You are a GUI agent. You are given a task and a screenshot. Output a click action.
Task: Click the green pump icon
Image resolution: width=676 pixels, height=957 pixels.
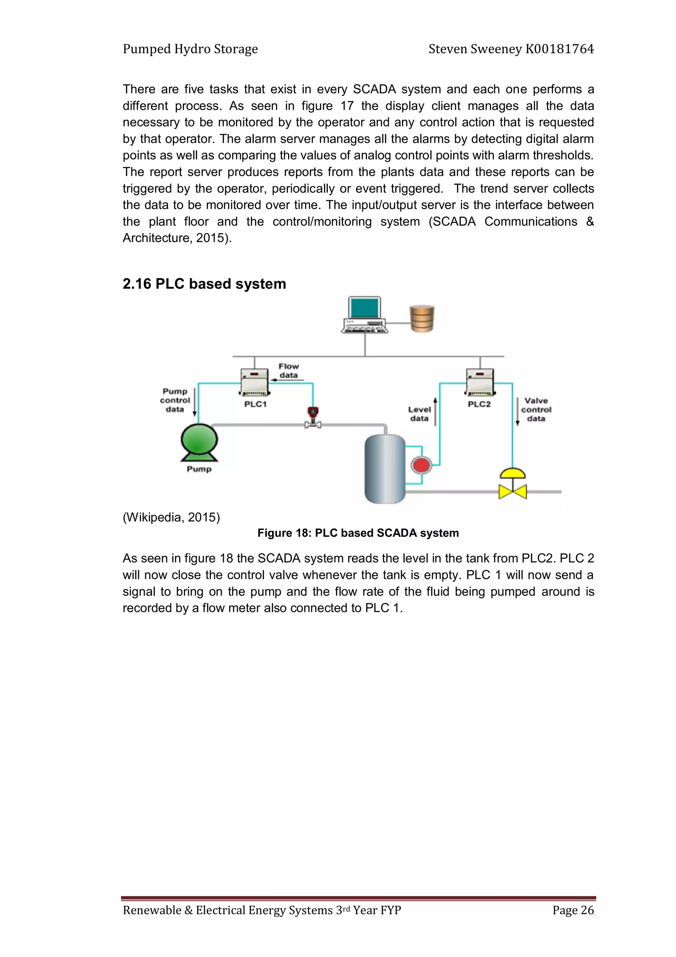pos(199,441)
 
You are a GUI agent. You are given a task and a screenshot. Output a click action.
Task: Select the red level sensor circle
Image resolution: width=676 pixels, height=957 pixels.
pos(421,465)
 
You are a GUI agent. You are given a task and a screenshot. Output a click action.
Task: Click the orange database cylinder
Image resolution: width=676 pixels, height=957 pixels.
pos(422,319)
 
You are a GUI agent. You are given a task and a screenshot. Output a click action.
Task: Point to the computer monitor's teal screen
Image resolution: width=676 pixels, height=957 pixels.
pos(364,308)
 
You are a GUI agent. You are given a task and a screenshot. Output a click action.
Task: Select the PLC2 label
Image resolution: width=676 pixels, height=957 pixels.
pos(479,404)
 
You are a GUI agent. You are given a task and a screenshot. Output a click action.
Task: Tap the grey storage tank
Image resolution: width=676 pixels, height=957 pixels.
pos(385,469)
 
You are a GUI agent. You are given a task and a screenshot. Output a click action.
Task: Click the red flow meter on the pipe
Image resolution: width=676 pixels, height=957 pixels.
pos(312,413)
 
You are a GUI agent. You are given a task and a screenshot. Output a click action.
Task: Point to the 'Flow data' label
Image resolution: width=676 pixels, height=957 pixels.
pos(288,371)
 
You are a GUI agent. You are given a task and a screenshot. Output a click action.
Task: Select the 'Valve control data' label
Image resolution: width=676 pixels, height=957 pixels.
pos(536,409)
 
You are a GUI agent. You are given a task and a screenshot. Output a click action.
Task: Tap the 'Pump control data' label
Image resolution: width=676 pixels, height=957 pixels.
pos(175,400)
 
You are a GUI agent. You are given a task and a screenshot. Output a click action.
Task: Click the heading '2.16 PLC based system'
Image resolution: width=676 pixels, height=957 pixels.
pos(204,284)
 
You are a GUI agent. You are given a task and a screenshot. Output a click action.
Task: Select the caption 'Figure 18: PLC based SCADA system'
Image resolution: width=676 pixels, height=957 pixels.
pos(358,533)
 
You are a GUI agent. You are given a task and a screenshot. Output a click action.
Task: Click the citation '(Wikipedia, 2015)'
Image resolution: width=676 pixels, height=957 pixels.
pos(171,517)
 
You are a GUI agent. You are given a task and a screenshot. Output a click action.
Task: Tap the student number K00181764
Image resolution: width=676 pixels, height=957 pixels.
pos(559,49)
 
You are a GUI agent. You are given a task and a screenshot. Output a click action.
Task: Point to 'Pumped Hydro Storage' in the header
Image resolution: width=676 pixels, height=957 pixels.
pos(190,49)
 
